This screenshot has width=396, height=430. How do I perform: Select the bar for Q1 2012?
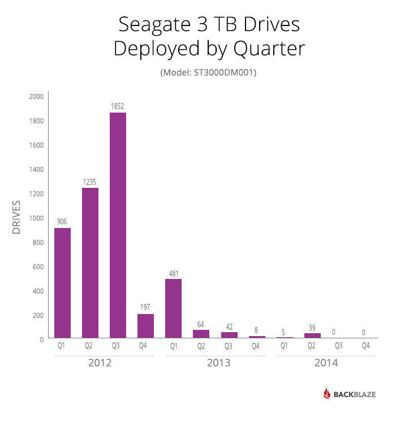(x=62, y=283)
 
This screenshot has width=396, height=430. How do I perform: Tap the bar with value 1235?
(x=90, y=263)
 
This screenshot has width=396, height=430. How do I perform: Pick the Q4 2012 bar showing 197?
(x=145, y=326)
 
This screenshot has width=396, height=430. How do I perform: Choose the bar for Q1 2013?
(x=173, y=308)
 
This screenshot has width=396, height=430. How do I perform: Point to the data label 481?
(x=173, y=274)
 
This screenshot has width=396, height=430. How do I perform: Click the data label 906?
(x=62, y=222)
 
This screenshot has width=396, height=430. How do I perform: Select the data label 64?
(x=201, y=325)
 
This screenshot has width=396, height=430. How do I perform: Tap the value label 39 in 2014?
(x=312, y=328)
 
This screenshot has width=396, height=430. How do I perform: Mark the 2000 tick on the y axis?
(x=36, y=97)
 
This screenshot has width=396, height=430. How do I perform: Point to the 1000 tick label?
(x=36, y=218)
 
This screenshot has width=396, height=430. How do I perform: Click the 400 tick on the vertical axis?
(x=37, y=291)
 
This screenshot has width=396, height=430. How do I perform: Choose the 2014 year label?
(x=326, y=363)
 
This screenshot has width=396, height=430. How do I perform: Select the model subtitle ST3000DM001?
(x=208, y=73)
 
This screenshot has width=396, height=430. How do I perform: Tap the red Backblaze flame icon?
(x=326, y=394)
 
